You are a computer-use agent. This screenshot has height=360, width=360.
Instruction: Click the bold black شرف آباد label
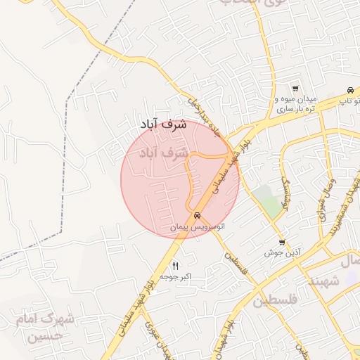(162, 124)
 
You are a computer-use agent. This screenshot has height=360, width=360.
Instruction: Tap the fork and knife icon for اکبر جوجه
(175, 265)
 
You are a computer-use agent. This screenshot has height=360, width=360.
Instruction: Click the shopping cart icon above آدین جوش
(282, 241)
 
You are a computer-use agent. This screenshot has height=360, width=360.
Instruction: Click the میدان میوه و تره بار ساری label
(296, 104)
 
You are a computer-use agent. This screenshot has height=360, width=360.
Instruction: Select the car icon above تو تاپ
(349, 90)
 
